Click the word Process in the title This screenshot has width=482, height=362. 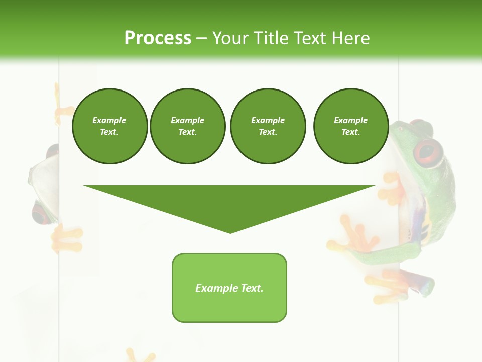158,38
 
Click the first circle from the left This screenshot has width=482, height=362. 109,126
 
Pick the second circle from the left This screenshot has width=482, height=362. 187,126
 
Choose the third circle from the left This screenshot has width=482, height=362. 268,126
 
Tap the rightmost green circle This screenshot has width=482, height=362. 350,126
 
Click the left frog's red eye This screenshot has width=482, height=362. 40,213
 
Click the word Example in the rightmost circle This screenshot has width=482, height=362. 350,120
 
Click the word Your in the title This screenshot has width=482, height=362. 231,38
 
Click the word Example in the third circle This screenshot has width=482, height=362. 268,120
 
